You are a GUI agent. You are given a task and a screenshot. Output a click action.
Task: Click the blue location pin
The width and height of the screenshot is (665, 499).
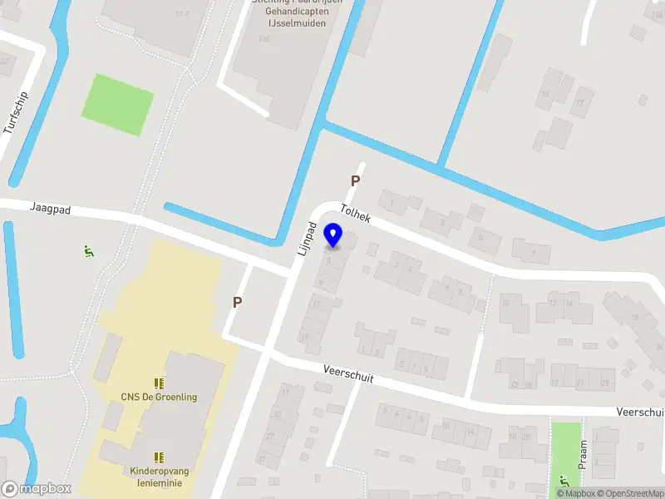[333, 235]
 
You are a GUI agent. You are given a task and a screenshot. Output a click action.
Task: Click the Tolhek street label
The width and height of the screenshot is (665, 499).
[355, 214]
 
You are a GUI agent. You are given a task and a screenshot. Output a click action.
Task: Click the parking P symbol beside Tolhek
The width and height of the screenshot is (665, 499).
[355, 180]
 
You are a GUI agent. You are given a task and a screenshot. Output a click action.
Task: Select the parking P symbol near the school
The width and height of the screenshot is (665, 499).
[238, 303]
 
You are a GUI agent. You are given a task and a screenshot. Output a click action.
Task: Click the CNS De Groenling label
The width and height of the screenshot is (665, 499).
[159, 397]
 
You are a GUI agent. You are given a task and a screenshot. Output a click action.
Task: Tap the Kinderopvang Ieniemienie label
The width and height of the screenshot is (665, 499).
[160, 477]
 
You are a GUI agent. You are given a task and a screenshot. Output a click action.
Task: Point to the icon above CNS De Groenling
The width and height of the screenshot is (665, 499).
[158, 383]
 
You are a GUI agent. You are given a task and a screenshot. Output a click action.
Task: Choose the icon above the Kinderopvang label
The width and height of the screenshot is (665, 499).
[158, 457]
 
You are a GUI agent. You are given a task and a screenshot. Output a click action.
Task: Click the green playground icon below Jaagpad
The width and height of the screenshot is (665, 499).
[89, 250]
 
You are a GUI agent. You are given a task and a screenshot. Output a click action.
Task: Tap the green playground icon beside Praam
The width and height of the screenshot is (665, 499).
[564, 480]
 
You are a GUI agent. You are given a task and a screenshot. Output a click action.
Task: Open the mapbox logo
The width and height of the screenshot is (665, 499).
[37, 489]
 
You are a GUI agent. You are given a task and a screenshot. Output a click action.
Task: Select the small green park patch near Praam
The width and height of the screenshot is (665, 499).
[565, 445]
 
